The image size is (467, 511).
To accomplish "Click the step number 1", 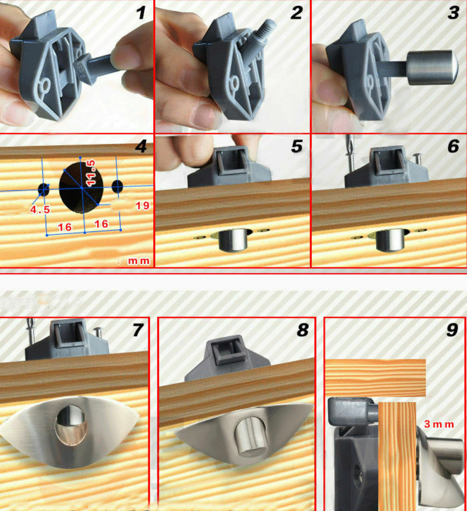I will click(x=141, y=13).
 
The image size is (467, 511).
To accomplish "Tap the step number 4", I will click(x=141, y=147).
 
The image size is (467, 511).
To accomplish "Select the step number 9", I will click(x=452, y=330).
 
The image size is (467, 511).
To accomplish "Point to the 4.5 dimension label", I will click(x=40, y=210).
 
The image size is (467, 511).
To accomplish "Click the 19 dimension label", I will click(x=142, y=205).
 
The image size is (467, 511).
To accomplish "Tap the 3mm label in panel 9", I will click(x=439, y=424).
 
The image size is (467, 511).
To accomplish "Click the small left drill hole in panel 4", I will click(x=43, y=189).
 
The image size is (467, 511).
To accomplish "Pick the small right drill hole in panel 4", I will click(x=117, y=186).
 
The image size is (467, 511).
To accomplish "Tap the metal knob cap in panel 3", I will click(x=430, y=68).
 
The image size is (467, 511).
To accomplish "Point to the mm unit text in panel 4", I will click(x=139, y=261).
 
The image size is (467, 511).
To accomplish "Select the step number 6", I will click(x=453, y=147).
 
